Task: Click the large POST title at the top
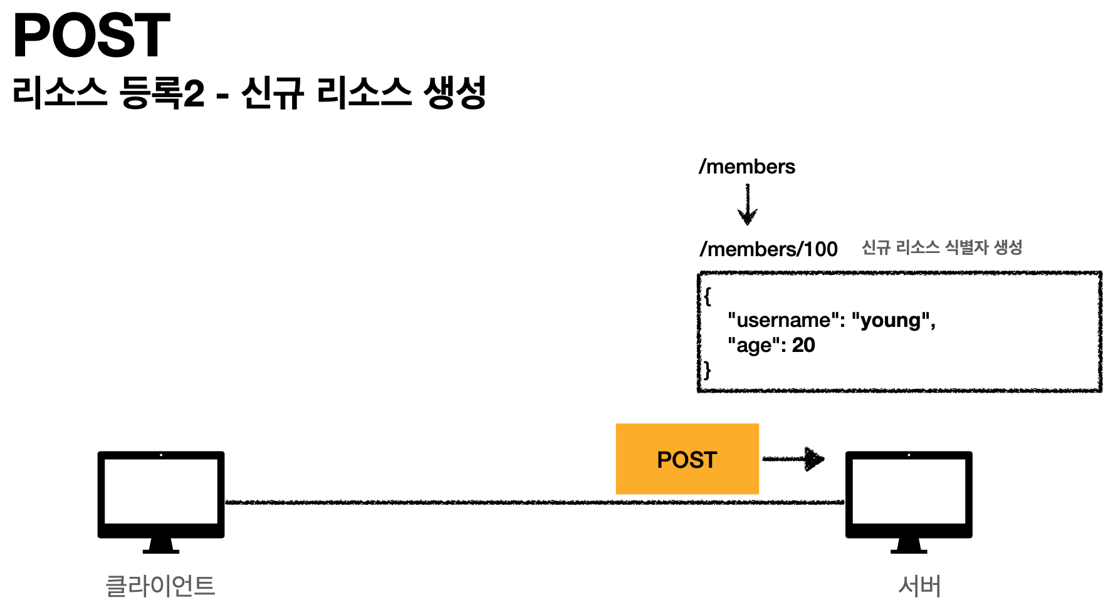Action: (91, 36)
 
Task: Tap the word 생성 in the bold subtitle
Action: (455, 93)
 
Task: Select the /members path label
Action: (747, 167)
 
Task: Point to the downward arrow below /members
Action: (748, 205)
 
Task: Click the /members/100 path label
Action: (768, 249)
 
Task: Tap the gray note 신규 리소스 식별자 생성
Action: (942, 247)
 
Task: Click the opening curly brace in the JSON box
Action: (708, 296)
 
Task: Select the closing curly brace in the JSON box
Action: (708, 370)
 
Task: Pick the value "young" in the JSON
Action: (890, 321)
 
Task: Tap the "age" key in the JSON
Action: (754, 346)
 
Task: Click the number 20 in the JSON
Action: (803, 345)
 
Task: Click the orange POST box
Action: (687, 459)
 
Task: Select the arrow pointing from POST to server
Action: (793, 459)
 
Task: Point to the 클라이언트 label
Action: (160, 586)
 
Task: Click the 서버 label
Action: (919, 586)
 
